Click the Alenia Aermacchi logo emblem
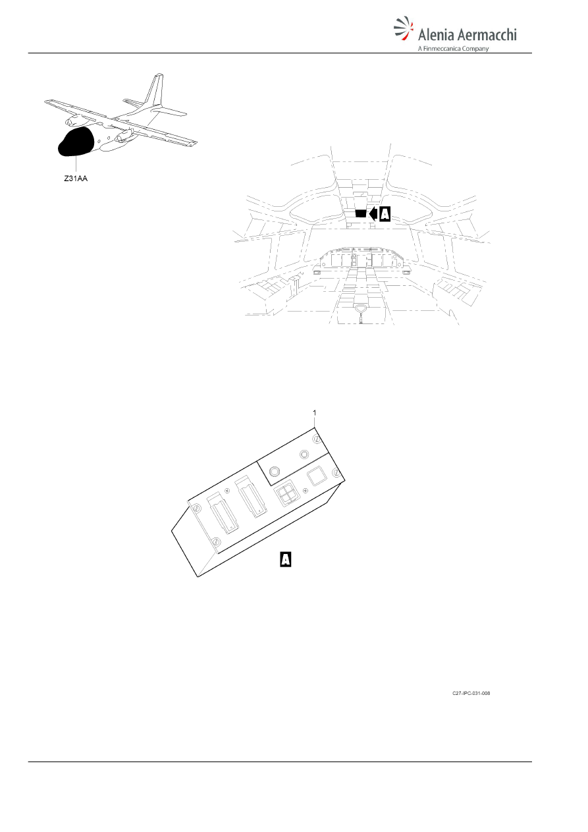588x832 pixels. [404, 28]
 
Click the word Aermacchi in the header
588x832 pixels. [487, 35]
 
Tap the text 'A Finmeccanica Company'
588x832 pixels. [453, 49]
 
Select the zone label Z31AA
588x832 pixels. [76, 179]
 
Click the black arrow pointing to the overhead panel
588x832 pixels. [373, 214]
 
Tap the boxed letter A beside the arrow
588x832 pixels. [385, 214]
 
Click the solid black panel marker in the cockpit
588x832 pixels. [360, 213]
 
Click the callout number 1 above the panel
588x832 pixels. [315, 412]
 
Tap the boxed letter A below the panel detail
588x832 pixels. [286, 559]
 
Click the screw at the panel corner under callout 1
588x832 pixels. [317, 439]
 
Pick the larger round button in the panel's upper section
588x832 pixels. [275, 472]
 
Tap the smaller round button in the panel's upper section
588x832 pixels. [304, 455]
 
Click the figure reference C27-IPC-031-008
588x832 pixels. [471, 693]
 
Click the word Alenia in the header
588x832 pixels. [436, 35]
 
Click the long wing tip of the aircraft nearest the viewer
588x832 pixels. [194, 144]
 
